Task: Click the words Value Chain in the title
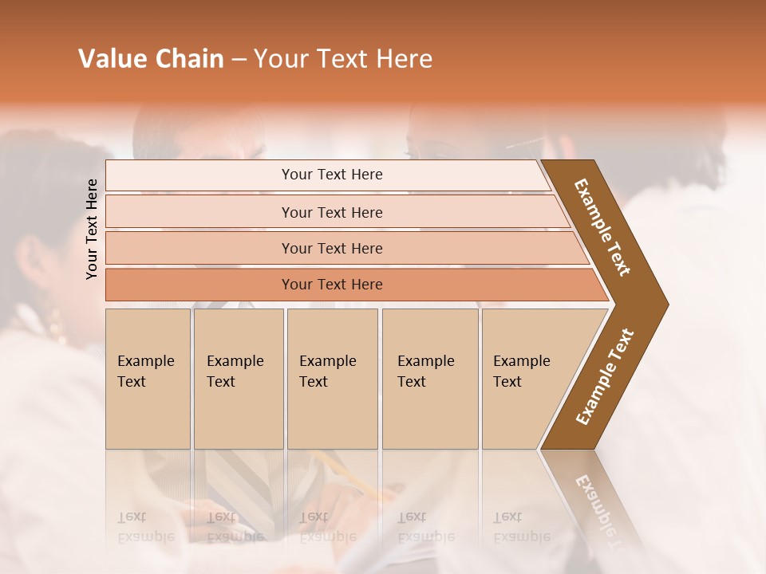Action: [151, 59]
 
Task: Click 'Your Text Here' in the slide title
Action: [343, 59]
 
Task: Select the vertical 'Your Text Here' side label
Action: [92, 229]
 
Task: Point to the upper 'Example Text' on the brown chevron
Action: [602, 227]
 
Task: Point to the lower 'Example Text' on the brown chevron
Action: [605, 377]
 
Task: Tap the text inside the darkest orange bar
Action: [332, 285]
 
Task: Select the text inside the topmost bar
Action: [332, 175]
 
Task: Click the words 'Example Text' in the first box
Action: [145, 372]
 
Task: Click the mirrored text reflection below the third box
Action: [327, 527]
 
